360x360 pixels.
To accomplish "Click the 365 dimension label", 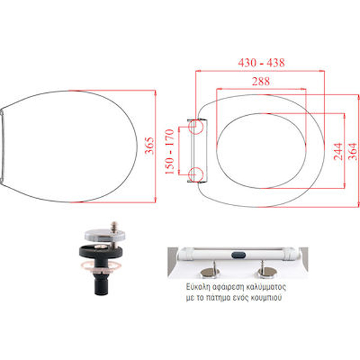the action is coord(149,146).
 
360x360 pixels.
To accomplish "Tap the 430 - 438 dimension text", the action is coord(262,62).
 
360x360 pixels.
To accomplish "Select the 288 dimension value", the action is coord(261,81).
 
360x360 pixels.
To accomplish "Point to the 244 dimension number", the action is coord(338,151).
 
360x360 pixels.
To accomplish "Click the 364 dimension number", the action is coord(353,151).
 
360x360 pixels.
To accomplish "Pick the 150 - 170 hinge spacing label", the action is coord(170,152).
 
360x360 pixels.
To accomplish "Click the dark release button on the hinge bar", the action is coord(238,254).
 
